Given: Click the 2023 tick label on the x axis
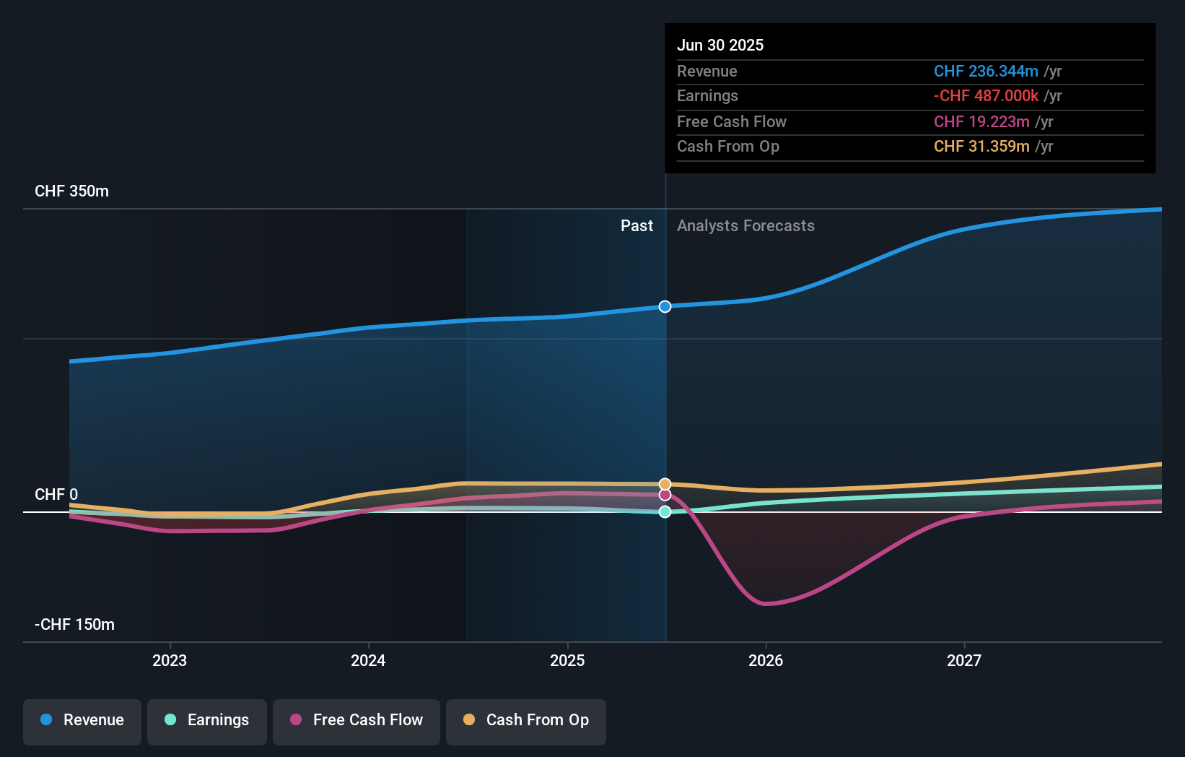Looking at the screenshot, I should [x=170, y=660].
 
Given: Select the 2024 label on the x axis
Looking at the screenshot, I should [x=368, y=660].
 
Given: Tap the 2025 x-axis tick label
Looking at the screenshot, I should [x=567, y=660].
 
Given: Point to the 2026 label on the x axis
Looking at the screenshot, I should [x=766, y=660].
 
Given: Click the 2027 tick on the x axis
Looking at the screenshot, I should [x=964, y=660].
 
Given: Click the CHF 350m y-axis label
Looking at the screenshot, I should [x=71, y=191].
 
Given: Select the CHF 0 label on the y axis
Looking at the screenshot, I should [x=56, y=495].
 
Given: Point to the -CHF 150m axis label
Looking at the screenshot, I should [x=74, y=625].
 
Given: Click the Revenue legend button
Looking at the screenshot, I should [x=82, y=720].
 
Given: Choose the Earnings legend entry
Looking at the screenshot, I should [x=207, y=720].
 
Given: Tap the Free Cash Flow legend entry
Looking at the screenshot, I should [x=357, y=720].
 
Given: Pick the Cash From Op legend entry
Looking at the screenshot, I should [x=526, y=720].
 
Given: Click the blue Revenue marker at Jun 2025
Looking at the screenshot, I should [x=665, y=306].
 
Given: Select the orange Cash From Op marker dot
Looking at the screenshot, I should [x=665, y=484].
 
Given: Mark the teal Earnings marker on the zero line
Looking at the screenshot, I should [x=665, y=511].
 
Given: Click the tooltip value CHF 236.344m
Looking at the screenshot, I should [x=985, y=72].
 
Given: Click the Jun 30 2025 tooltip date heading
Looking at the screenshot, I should [x=720, y=45].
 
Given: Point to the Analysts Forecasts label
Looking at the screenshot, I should [x=745, y=226].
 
